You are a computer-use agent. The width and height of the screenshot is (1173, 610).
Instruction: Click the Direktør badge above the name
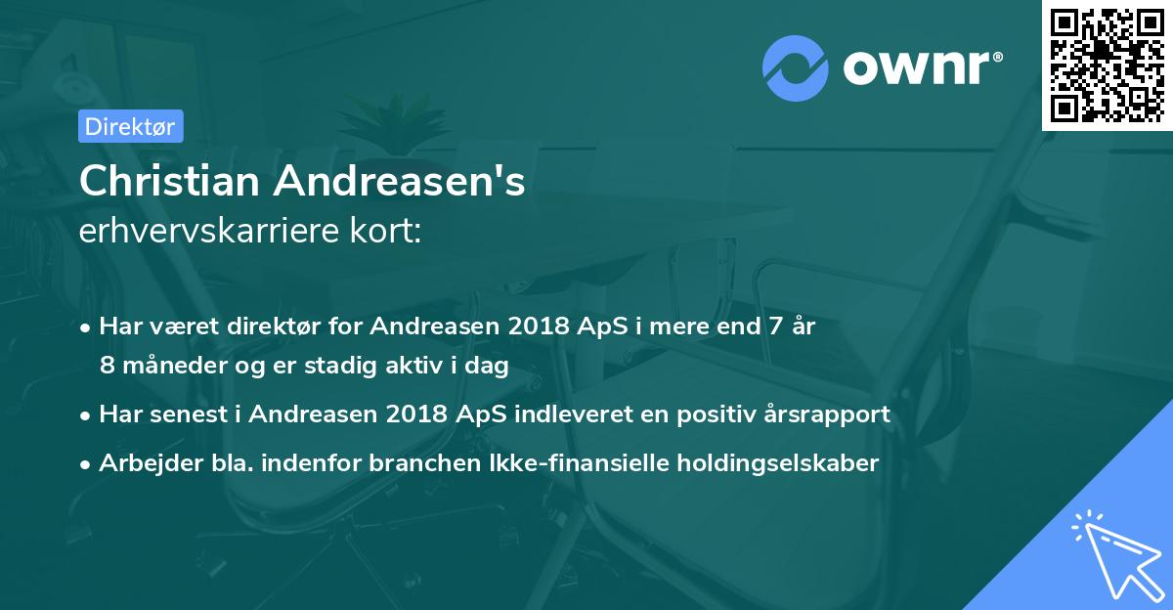pos(129,126)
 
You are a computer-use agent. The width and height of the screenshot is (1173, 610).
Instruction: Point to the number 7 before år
pos(769,327)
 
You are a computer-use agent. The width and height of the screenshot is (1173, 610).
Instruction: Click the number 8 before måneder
pos(107,365)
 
